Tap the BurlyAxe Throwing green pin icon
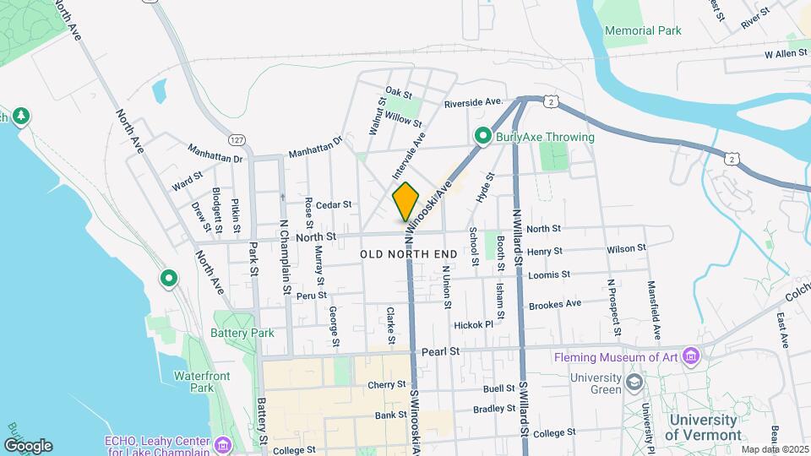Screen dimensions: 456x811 [x=482, y=136]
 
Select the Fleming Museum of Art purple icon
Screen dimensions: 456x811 [x=692, y=356]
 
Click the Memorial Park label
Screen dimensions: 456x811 [x=643, y=30]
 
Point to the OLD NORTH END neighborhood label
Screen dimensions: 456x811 [x=408, y=254]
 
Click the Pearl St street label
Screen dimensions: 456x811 [x=441, y=350]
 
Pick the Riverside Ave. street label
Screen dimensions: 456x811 [x=474, y=102]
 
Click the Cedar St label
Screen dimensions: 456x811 [x=334, y=204]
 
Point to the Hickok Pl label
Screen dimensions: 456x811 [x=473, y=324]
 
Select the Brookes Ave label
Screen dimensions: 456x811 [x=554, y=304]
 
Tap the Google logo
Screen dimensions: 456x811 [x=28, y=445]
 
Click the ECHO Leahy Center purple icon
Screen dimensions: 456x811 [x=222, y=443]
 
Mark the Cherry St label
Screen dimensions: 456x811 [x=387, y=385]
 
